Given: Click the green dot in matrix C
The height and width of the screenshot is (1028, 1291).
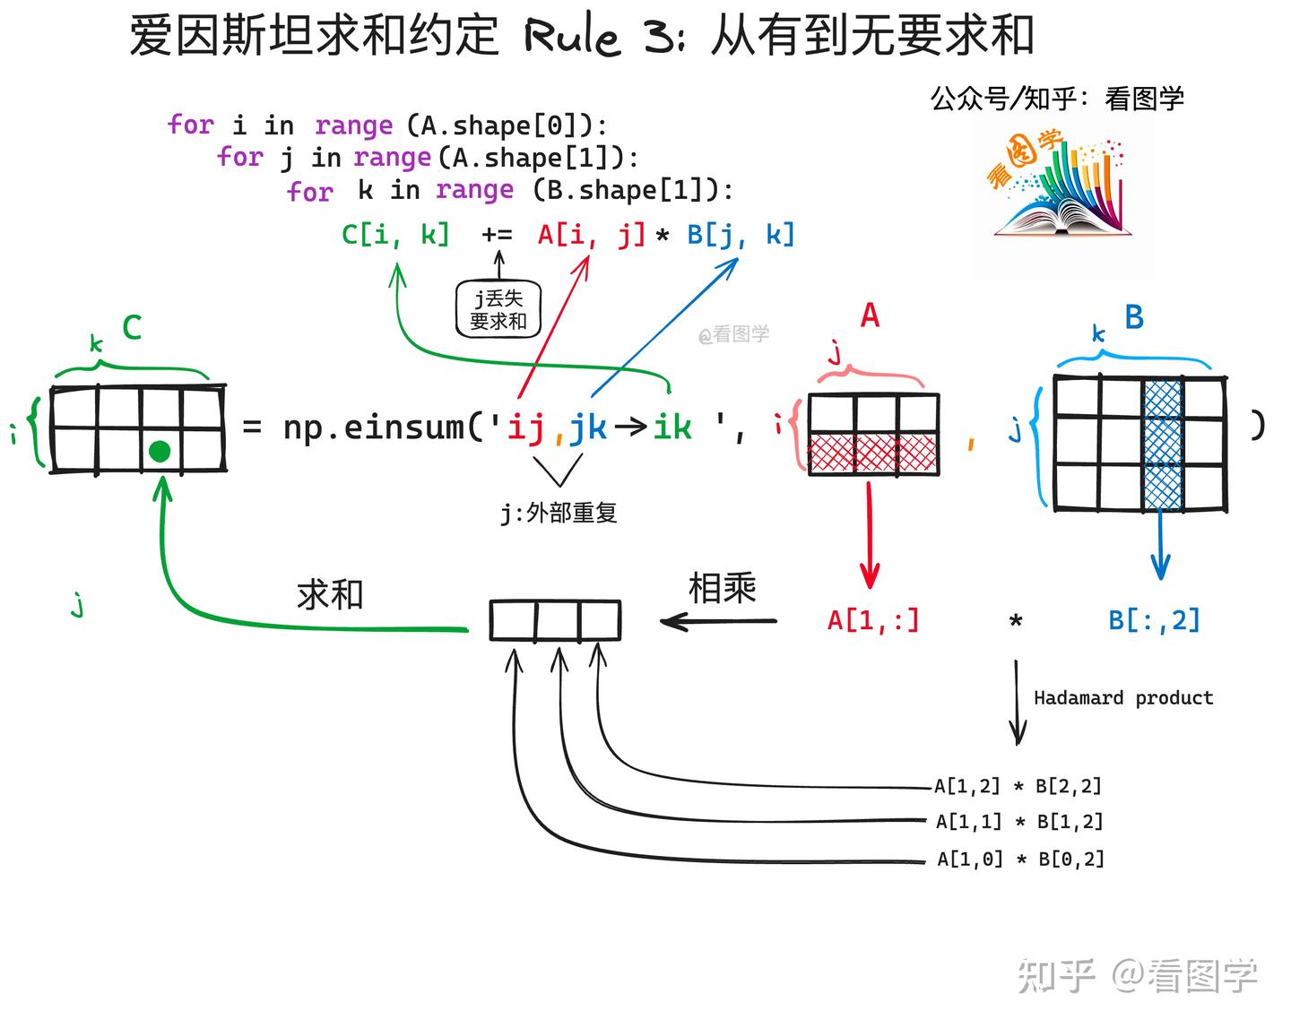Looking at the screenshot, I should [x=160, y=451].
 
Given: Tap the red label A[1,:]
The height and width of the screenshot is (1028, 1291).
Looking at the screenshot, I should [x=872, y=619].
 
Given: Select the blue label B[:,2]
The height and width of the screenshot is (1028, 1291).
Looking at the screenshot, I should [x=1154, y=619].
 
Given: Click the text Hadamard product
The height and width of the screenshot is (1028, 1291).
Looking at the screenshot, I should [x=1122, y=697].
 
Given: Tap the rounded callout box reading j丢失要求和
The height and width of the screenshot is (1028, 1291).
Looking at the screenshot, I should [x=498, y=309].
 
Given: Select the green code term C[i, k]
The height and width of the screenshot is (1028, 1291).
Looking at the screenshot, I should [x=395, y=235].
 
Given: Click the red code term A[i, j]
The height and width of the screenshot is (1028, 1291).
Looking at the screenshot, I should [x=591, y=235].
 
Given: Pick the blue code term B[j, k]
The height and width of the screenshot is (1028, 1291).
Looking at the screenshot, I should [x=741, y=235].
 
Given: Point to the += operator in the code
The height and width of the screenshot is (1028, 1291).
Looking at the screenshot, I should [x=497, y=235].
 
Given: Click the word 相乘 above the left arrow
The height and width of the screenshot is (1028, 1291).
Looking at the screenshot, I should [x=722, y=589].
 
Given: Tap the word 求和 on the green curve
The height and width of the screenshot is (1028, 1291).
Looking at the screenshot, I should [x=330, y=594].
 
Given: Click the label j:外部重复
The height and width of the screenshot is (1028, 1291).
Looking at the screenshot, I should [x=559, y=513].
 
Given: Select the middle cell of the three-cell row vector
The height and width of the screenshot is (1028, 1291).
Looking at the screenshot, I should [x=557, y=620].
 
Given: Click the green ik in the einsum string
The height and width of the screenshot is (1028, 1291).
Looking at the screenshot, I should [x=671, y=427].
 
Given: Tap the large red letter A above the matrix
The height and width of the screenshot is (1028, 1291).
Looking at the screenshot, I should [x=870, y=315].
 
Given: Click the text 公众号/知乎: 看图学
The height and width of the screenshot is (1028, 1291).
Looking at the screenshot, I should [x=1057, y=98].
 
